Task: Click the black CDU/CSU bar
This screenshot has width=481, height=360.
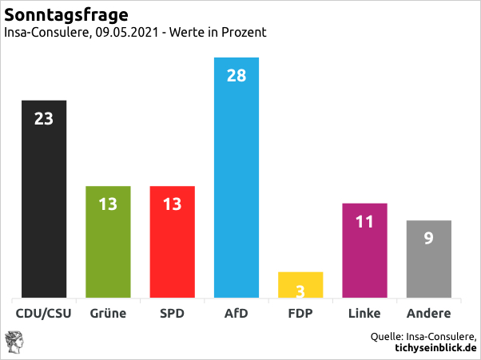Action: tap(44, 199)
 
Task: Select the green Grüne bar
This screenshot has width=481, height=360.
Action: tap(108, 242)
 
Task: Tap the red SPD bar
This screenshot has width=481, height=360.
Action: tap(172, 242)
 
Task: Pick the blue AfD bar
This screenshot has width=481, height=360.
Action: tap(237, 177)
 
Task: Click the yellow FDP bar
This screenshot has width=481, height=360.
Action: tap(300, 285)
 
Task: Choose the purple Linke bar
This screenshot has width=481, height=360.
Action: tap(364, 251)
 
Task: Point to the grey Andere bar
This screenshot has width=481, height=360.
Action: tap(429, 259)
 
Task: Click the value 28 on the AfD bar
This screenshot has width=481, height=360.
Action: tap(237, 75)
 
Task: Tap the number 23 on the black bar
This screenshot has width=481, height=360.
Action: tap(44, 119)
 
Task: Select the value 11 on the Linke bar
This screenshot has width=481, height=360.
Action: tap(364, 222)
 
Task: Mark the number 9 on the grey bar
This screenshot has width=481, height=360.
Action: tap(429, 238)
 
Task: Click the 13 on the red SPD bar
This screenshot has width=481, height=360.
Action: tap(172, 204)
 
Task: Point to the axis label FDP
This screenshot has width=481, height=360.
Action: tap(300, 314)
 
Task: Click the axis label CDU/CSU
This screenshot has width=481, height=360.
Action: tap(44, 314)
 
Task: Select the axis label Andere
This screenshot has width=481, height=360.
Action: tap(429, 314)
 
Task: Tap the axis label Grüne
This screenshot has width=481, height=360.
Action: tap(108, 314)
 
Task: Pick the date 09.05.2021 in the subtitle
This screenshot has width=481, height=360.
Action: tap(127, 32)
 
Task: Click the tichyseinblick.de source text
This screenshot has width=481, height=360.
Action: tap(435, 348)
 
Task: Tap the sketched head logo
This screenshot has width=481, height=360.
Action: tap(14, 342)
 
